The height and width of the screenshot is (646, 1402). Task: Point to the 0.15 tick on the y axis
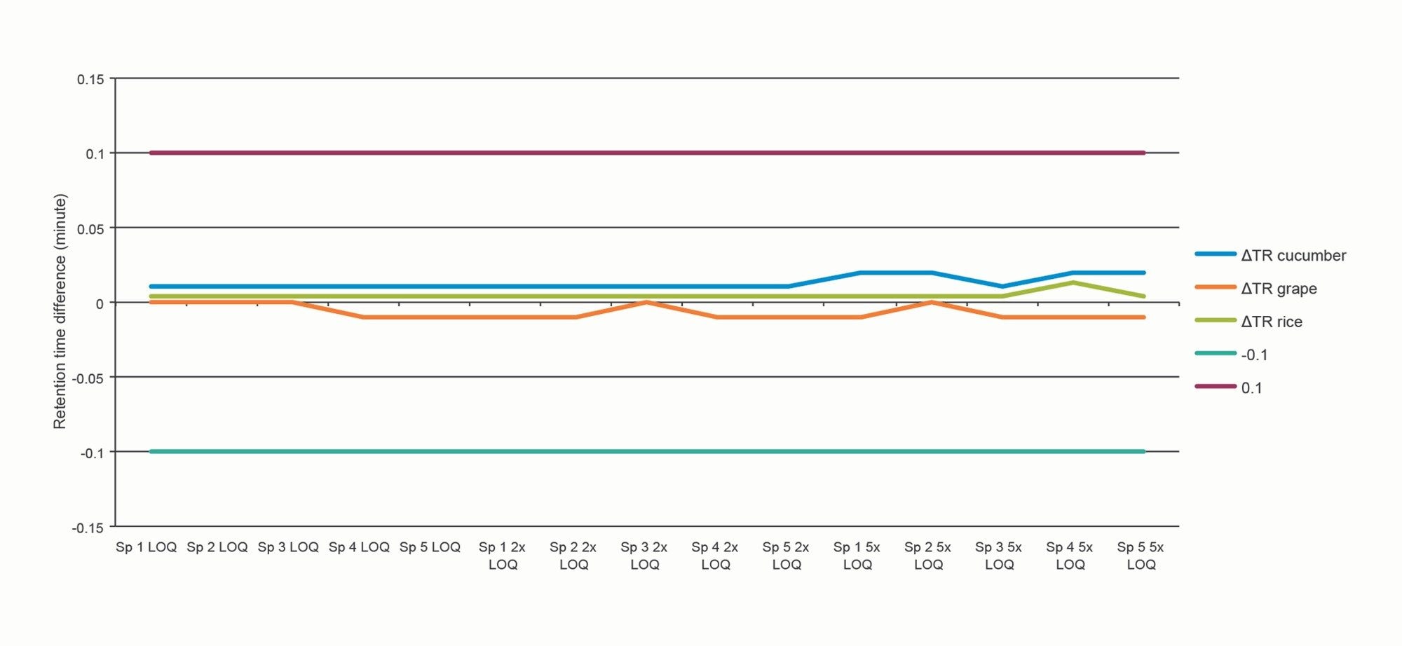pyautogui.click(x=90, y=80)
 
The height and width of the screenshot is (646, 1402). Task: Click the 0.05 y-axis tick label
pyautogui.click(x=90, y=229)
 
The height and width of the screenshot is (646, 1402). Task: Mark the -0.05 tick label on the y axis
pyautogui.click(x=88, y=378)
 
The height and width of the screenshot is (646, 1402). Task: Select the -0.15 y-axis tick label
pyautogui.click(x=88, y=528)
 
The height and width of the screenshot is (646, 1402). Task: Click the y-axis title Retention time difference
pyautogui.click(x=60, y=311)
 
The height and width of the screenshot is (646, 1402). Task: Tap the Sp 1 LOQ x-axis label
pyautogui.click(x=146, y=547)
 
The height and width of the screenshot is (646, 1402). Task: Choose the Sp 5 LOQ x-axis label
pyautogui.click(x=430, y=547)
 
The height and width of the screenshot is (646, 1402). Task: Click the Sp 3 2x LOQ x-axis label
pyautogui.click(x=644, y=556)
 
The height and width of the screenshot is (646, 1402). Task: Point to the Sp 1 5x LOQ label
pyautogui.click(x=857, y=556)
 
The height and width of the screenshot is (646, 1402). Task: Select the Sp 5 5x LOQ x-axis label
pyautogui.click(x=1141, y=556)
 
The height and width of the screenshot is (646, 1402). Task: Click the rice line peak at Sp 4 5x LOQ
pyautogui.click(x=1073, y=282)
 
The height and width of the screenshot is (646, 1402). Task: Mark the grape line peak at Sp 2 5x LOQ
pyautogui.click(x=931, y=302)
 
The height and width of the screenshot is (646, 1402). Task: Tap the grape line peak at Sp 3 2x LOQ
pyautogui.click(x=646, y=302)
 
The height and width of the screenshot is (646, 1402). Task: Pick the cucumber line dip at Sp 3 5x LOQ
pyautogui.click(x=1002, y=287)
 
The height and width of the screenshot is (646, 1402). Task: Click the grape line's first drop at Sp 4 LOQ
pyautogui.click(x=362, y=317)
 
